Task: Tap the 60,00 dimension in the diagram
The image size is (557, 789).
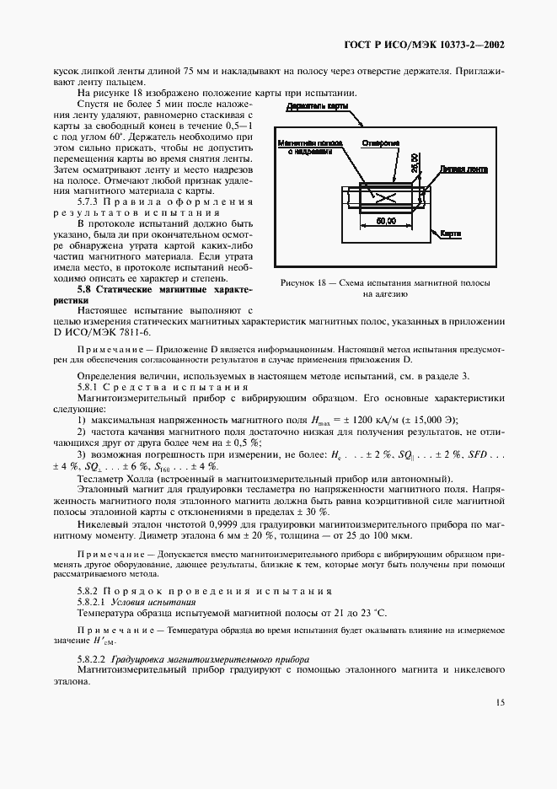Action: click(x=386, y=221)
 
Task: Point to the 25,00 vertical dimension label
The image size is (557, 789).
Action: click(x=415, y=163)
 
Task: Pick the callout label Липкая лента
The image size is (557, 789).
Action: click(x=463, y=169)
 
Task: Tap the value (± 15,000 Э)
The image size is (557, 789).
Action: click(x=436, y=395)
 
